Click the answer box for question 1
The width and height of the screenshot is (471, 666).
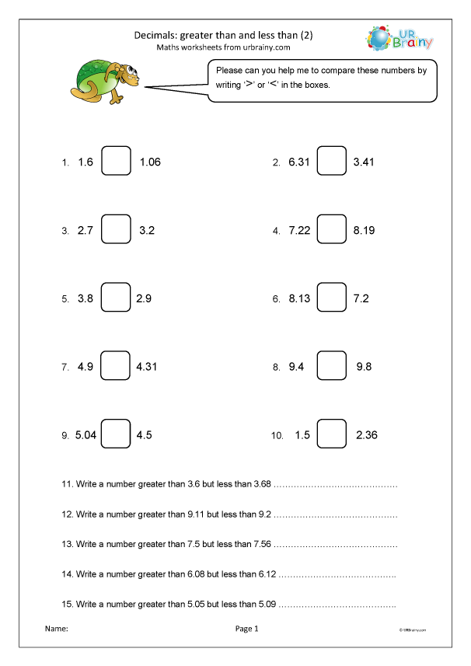pyautogui.click(x=116, y=162)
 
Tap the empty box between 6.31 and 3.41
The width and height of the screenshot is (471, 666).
pyautogui.click(x=332, y=162)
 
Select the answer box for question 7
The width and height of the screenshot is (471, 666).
pyautogui.click(x=116, y=367)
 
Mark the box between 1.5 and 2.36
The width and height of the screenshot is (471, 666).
pyautogui.click(x=332, y=434)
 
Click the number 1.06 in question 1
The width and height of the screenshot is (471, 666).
pyautogui.click(x=150, y=162)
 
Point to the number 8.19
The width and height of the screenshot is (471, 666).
pyautogui.click(x=365, y=231)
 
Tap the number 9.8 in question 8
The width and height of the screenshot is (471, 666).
pyautogui.click(x=365, y=367)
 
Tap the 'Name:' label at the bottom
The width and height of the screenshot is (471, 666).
pyautogui.click(x=57, y=628)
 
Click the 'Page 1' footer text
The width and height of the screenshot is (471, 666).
pyautogui.click(x=246, y=628)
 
